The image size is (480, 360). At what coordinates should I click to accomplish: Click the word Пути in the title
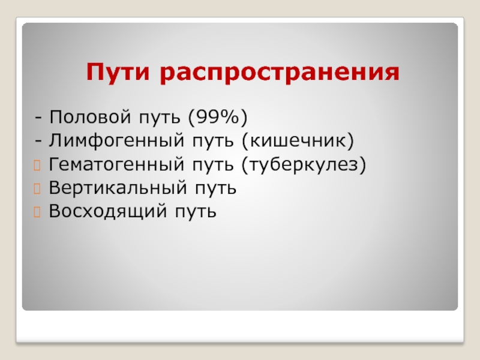coord(118,71)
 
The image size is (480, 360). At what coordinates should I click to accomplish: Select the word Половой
coord(91,116)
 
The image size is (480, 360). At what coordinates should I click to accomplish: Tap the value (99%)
coord(218,117)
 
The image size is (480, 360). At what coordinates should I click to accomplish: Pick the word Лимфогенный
coord(116,141)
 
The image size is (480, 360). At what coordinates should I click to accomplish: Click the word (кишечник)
coord(298,141)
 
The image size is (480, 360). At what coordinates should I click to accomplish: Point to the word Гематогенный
coord(116,164)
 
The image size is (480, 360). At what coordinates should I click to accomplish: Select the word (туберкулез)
coord(304,164)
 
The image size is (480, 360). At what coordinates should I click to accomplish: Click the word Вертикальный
coord(118,187)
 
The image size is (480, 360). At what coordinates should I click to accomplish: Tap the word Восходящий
coord(108,211)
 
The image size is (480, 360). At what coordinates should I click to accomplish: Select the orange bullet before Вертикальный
coord(37,189)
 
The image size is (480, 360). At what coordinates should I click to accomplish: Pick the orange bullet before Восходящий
coord(37,212)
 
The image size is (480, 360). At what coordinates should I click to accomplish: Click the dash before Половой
coord(38,118)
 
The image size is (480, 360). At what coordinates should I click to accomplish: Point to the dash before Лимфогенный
coord(38,141)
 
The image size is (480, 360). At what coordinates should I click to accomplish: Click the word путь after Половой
coord(160,118)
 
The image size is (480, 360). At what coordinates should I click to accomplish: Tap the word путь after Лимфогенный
coord(213,142)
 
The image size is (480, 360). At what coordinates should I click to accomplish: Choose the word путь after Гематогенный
coord(213,165)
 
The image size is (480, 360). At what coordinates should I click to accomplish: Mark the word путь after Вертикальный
coord(215,188)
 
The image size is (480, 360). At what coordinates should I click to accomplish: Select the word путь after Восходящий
coord(196,212)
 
